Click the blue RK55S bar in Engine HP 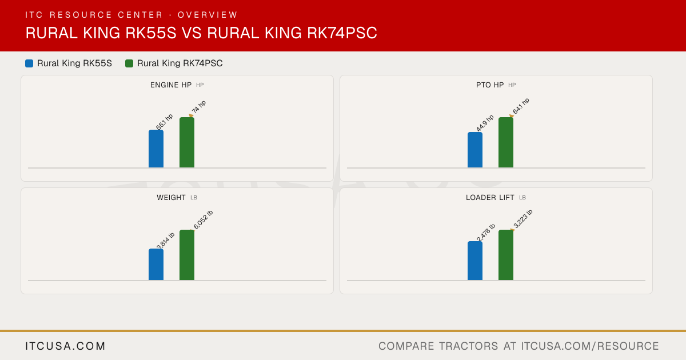coord(156,149)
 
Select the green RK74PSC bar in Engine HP coord(187,142)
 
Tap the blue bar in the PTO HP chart coord(475,150)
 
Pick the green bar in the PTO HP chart coord(506,142)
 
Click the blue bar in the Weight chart coord(156,265)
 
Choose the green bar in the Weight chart coord(187,255)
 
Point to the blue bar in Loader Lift coord(475,261)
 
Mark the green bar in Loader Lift coord(506,255)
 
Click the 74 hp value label coord(199,107)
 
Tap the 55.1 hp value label coord(165,122)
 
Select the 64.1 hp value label coord(521,106)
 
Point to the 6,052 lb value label coord(203,219)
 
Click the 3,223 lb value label coord(523,219)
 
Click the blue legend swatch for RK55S coord(29,63)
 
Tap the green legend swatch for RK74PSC coord(129,63)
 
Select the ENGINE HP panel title coord(171,85)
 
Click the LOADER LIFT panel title coord(490,198)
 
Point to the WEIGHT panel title coord(171,198)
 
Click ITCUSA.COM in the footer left coord(65,346)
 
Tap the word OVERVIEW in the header coord(208,15)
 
